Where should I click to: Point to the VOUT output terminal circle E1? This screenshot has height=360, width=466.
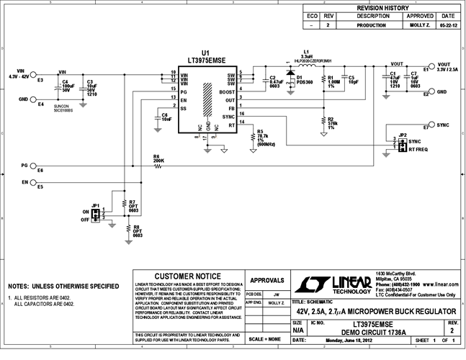coord(431,66)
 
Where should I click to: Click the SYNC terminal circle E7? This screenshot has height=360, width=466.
coord(431,125)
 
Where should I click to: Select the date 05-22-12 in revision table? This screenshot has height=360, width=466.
coord(447,24)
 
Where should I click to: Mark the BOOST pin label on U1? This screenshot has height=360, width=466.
coord(228,91)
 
